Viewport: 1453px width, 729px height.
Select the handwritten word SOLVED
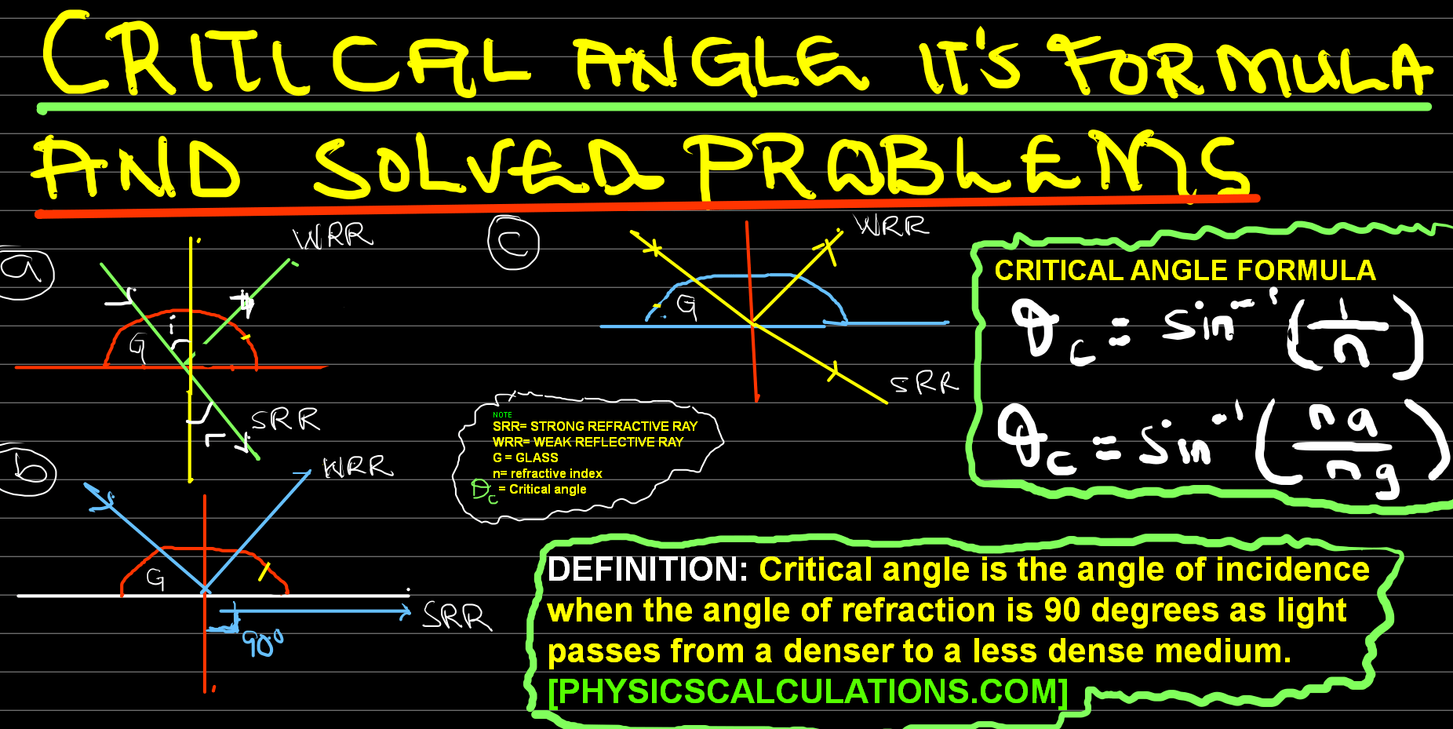click(x=486, y=166)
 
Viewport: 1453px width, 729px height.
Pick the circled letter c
click(x=513, y=242)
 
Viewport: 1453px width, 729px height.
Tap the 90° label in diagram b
click(x=262, y=643)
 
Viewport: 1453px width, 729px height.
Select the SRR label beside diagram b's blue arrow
click(x=457, y=616)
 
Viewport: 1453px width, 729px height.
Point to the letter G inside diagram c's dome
click(x=686, y=306)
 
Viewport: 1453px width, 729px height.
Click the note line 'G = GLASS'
click(x=525, y=457)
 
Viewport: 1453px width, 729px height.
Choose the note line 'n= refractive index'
click(x=547, y=473)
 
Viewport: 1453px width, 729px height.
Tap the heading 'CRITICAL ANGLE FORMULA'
click(x=1185, y=271)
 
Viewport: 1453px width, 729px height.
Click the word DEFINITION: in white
click(x=647, y=570)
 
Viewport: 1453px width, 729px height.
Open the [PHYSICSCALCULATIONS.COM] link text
click(x=808, y=691)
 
